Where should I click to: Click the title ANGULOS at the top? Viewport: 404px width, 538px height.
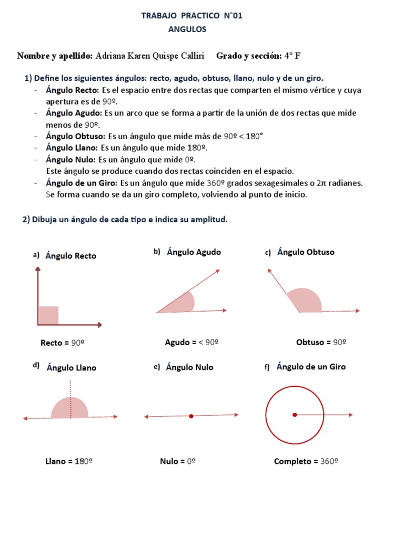coord(187,29)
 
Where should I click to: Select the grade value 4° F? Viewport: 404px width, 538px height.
coord(292,56)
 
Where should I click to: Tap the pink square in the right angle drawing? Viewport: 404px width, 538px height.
coord(48,315)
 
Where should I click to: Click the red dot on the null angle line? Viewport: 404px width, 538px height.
coord(191,416)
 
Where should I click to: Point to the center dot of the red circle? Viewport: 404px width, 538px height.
coord(295,415)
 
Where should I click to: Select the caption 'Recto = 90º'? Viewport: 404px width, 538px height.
coord(63,343)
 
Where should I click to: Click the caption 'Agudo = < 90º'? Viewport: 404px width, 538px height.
coord(191,342)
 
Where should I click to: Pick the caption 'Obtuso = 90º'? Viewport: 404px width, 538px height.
coord(321,343)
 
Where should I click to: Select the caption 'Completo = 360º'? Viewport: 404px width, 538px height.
coord(306,461)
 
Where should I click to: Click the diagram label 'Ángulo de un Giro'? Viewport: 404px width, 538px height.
coord(311,367)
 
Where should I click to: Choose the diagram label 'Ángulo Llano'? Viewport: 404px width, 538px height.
coord(72,368)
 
